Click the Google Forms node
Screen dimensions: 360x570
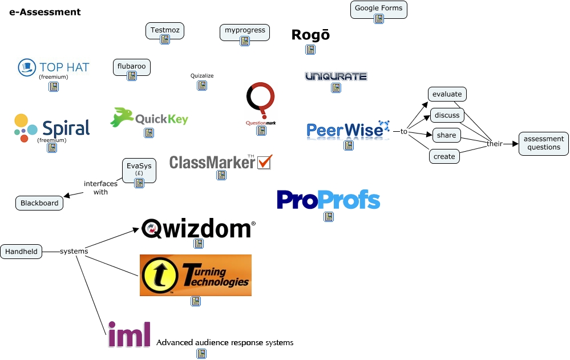pyautogui.click(x=378, y=9)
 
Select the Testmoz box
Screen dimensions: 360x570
pyautogui.click(x=164, y=29)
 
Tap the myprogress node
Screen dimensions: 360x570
pyautogui.click(x=244, y=30)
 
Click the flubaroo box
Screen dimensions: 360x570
pyautogui.click(x=131, y=66)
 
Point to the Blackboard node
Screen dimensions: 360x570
pyautogui.click(x=39, y=203)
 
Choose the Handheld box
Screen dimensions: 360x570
pyautogui.click(x=21, y=251)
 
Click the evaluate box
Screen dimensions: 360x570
pyautogui.click(x=447, y=94)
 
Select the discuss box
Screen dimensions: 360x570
pyautogui.click(x=447, y=115)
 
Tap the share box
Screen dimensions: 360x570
pyautogui.click(x=446, y=135)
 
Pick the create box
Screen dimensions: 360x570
pyautogui.click(x=444, y=156)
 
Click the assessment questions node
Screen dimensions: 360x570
pyautogui.click(x=544, y=143)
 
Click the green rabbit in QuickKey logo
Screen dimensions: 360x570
pyautogui.click(x=121, y=117)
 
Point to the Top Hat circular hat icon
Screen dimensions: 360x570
pyautogui.click(x=26, y=67)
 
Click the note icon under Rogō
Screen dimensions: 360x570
pyautogui.click(x=310, y=50)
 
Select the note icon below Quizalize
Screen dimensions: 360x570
pyautogui.click(x=201, y=86)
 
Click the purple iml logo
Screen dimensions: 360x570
pyautogui.click(x=130, y=334)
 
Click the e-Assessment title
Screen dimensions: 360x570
pyautogui.click(x=45, y=12)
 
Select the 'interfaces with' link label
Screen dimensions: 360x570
pyautogui.click(x=100, y=188)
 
